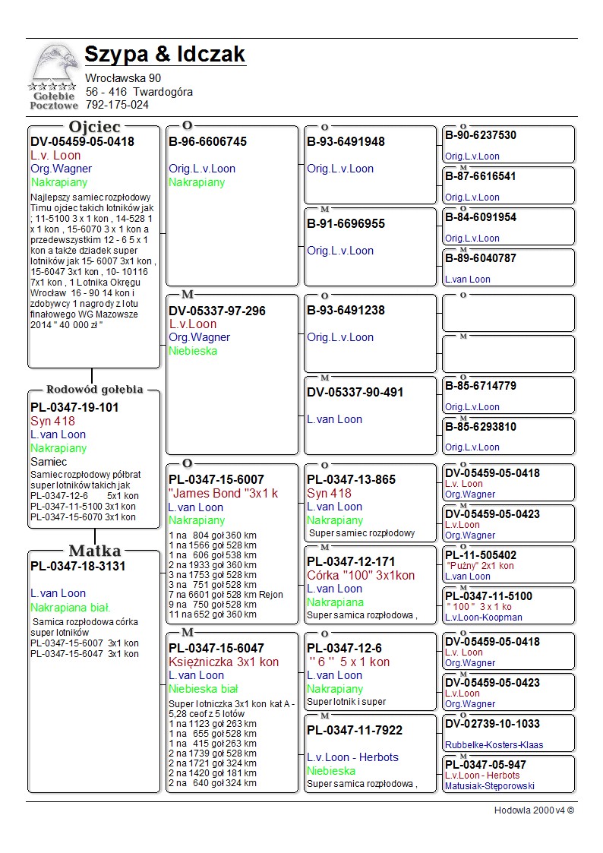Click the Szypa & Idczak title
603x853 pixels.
coord(165,55)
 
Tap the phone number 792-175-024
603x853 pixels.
coord(117,105)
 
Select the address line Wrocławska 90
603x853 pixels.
coord(123,77)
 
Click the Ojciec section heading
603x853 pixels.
coord(94,127)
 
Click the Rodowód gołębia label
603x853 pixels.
coord(95,390)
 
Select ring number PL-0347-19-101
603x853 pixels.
coord(74,407)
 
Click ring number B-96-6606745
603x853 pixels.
coord(207,141)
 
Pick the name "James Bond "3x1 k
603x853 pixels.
coord(223,493)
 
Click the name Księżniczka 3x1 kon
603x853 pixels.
coord(223,662)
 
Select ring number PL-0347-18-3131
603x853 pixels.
coord(77,566)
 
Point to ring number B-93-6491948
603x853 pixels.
coord(346,141)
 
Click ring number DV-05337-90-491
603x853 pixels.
coord(355,392)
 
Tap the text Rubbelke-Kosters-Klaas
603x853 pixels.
coord(494,745)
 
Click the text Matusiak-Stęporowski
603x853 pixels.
coord(490,786)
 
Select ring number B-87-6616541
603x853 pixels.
coord(480,176)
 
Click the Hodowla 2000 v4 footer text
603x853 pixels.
coord(534,810)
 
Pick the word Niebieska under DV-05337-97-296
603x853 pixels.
coord(193,351)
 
